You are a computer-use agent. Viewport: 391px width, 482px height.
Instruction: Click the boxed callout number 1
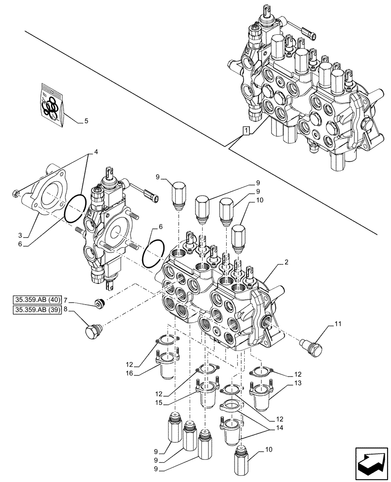pyautogui.click(x=246, y=130)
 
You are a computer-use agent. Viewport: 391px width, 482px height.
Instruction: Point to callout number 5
pyautogui.click(x=86, y=121)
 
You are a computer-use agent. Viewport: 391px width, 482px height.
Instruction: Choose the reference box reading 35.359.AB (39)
pyautogui.click(x=37, y=310)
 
